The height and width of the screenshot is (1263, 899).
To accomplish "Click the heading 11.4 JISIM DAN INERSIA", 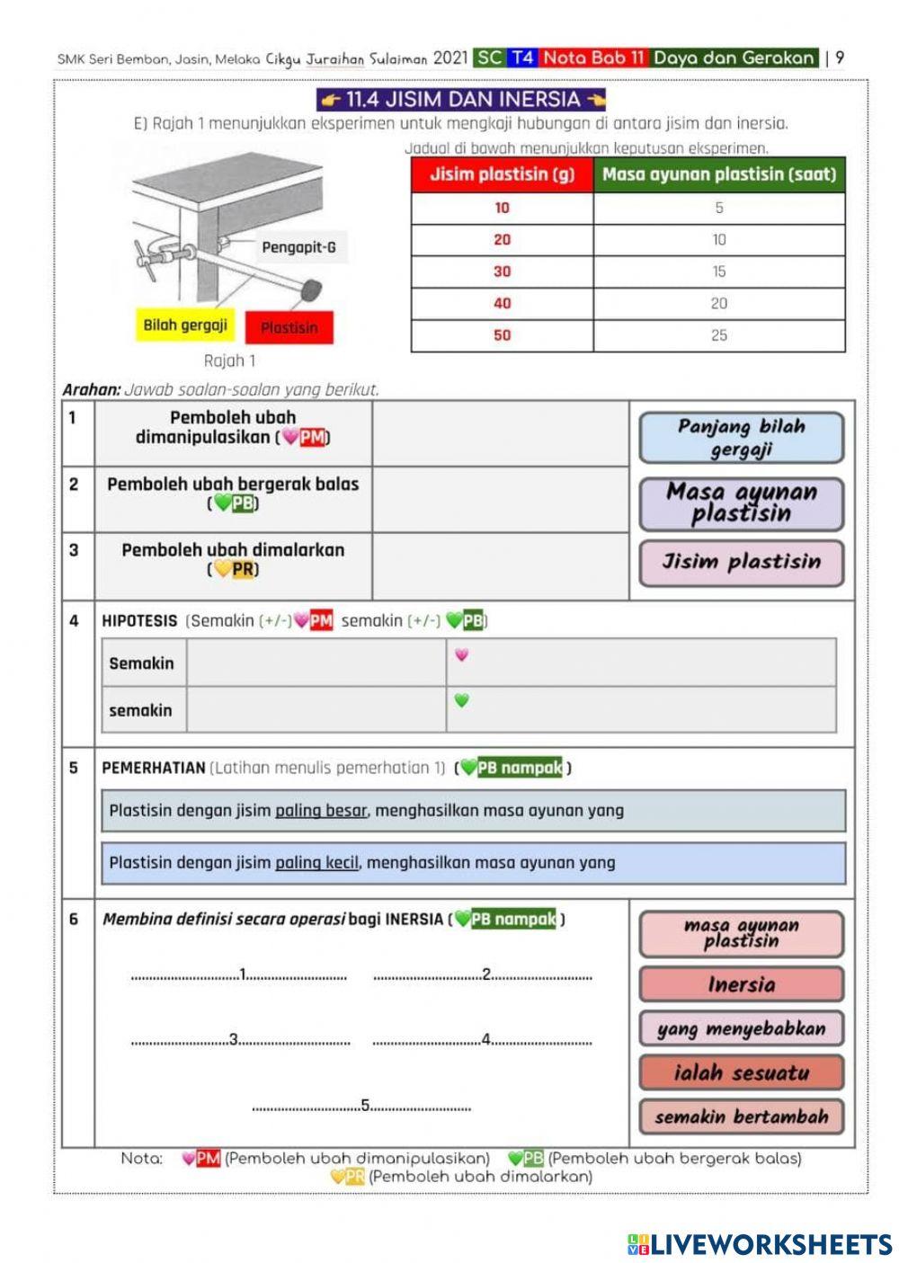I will (x=462, y=99).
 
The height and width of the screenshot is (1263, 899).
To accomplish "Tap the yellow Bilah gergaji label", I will (x=185, y=325).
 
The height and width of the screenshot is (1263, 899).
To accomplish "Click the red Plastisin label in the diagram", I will (x=289, y=328).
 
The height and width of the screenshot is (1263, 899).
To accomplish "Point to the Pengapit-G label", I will (x=298, y=247).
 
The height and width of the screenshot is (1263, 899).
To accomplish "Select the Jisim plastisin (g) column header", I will (x=502, y=174).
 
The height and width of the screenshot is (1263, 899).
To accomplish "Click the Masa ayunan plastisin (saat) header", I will (x=719, y=174).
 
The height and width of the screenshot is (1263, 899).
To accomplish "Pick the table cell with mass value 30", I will (x=502, y=271).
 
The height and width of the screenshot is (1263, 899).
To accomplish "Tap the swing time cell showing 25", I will (x=719, y=335).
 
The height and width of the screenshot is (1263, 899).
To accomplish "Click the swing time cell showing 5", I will (x=719, y=208).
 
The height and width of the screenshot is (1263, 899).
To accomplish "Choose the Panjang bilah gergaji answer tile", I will (x=741, y=438).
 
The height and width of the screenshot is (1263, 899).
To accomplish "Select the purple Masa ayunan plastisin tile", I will (x=741, y=503).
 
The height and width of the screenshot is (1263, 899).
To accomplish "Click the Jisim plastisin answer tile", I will (x=741, y=563).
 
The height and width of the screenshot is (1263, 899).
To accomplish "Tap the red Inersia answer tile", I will (x=741, y=984).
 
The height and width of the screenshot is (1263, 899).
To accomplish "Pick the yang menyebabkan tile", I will (x=741, y=1028).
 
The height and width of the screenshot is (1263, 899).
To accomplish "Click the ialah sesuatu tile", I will (x=741, y=1072).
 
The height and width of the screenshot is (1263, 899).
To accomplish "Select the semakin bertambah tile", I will (x=741, y=1116).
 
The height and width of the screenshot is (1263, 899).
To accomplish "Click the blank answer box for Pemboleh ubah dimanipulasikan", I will (x=500, y=433).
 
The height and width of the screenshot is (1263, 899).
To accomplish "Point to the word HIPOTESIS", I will (x=139, y=621).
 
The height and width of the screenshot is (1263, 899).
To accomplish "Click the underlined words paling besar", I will (x=321, y=811).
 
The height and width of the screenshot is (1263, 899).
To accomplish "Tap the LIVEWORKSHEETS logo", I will (x=760, y=1244).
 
